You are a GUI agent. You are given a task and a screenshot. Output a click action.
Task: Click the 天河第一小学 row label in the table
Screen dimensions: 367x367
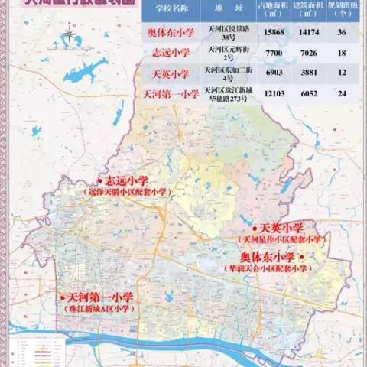(x=171, y=94)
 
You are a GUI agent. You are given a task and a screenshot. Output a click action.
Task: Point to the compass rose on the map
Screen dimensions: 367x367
(x=71, y=34)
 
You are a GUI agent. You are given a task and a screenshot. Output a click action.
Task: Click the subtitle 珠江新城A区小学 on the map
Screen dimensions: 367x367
(x=99, y=310)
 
